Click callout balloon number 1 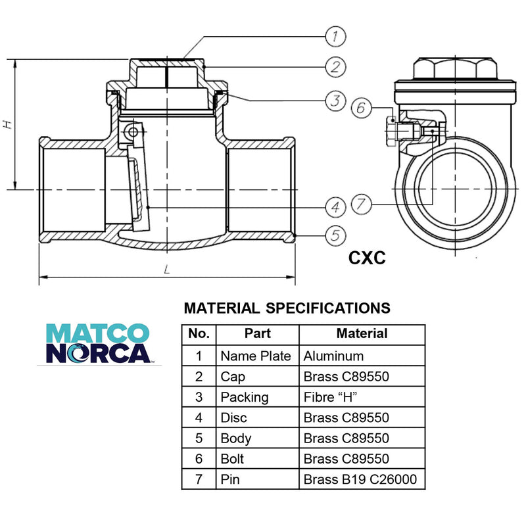[335, 37]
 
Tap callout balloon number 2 [335, 67]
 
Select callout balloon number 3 [335, 101]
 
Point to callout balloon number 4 [335, 207]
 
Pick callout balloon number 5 [335, 235]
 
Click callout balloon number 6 [361, 108]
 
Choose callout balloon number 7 [361, 204]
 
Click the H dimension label [7, 124]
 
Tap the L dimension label [167, 269]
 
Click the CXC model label [367, 258]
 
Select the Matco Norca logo [98, 343]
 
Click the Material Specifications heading [287, 308]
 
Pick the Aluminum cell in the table [333, 356]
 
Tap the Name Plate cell [256, 356]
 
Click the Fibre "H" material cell [330, 397]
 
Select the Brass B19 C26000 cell [360, 479]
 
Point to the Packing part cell [245, 398]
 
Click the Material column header [362, 333]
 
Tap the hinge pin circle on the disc [133, 131]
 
